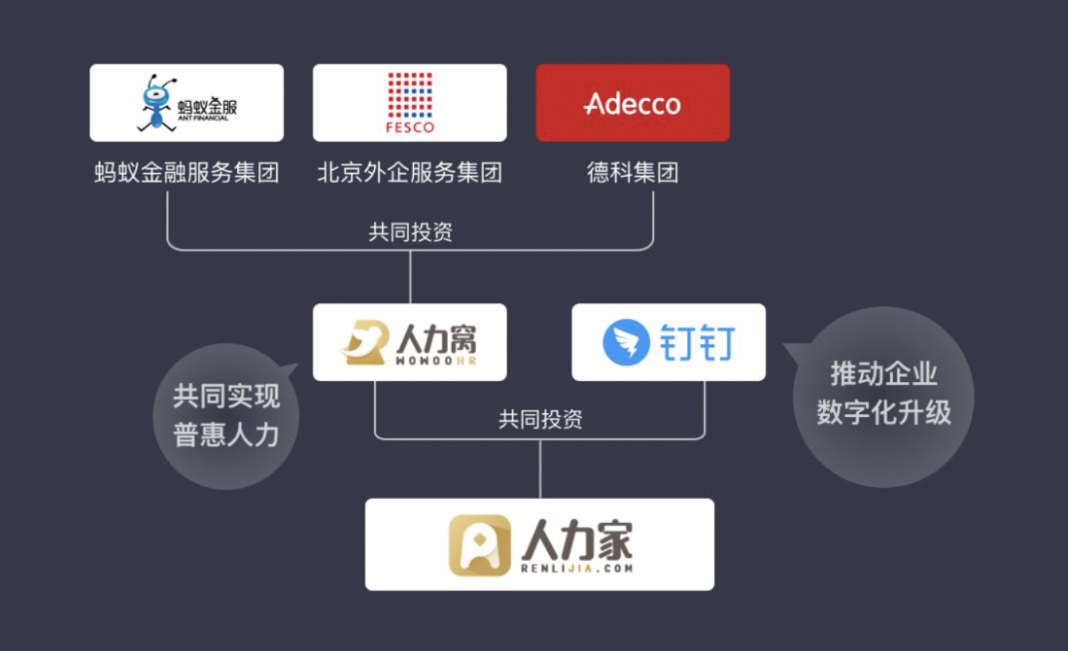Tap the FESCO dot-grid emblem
coord(410,95)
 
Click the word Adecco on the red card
coord(633,103)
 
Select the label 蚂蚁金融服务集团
coord(186,173)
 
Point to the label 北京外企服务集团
coord(410,173)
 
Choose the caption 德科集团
coord(633,173)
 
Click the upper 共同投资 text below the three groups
coord(410,232)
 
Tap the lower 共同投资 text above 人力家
coord(540,419)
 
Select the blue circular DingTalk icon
coord(626,342)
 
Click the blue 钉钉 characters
coord(697,343)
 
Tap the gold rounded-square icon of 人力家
coord(480,545)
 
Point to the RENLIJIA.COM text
coord(577,568)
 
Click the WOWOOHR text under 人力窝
coord(436,361)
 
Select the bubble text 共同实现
coord(226,396)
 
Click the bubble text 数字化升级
coord(884,412)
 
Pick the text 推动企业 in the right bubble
coord(884,373)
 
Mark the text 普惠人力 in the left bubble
coord(226,435)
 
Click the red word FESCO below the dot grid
coord(410,127)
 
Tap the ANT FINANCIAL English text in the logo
coord(203,119)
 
